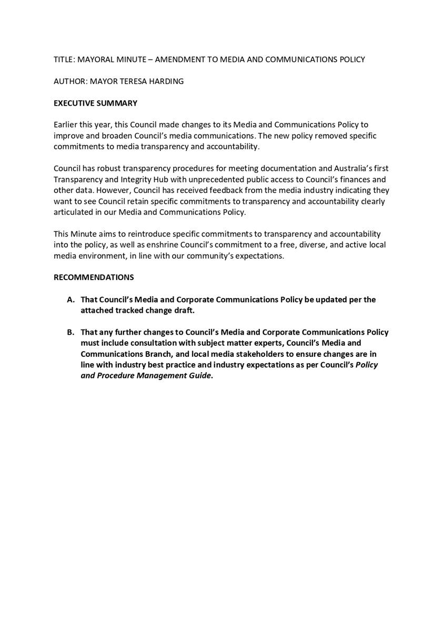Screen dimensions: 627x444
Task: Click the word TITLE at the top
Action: (64, 59)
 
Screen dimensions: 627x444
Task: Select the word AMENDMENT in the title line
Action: (179, 59)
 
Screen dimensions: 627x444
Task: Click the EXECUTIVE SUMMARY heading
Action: (95, 103)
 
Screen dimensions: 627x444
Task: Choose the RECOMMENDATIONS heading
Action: (94, 277)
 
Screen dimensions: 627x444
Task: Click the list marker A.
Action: (70, 300)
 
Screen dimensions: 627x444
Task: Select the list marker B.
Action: (70, 332)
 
